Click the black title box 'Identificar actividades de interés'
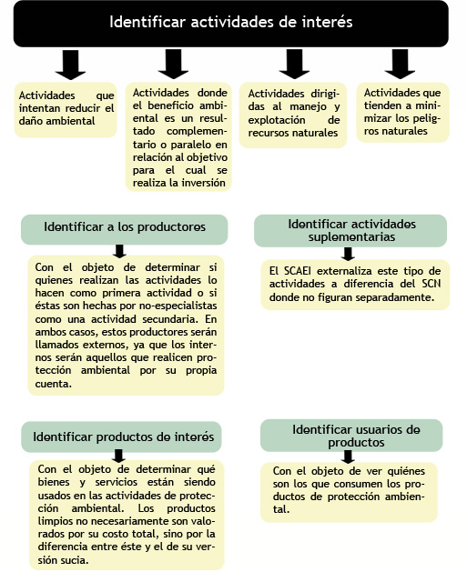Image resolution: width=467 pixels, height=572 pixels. (230, 24)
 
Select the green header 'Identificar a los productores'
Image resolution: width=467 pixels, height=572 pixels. (125, 229)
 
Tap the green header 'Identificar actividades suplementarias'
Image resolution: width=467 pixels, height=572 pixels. (350, 231)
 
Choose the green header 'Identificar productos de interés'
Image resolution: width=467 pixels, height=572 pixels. (121, 437)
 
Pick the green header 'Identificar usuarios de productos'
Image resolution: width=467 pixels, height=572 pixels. (351, 436)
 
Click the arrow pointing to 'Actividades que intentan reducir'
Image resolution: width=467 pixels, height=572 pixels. (70, 65)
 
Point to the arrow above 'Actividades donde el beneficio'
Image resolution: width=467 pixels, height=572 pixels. (174, 65)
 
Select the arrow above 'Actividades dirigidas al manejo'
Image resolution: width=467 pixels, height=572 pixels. (294, 65)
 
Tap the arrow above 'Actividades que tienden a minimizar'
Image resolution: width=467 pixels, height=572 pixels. (400, 65)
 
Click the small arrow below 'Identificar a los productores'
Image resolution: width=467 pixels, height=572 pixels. (119, 251)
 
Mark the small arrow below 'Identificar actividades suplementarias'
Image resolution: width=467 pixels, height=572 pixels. (348, 254)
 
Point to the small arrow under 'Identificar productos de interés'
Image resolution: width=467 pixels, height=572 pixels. (118, 456)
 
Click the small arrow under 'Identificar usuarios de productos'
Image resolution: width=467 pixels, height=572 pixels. (348, 457)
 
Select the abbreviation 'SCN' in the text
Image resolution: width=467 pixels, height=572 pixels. (431, 284)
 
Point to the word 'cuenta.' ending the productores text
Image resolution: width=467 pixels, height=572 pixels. (49, 384)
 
